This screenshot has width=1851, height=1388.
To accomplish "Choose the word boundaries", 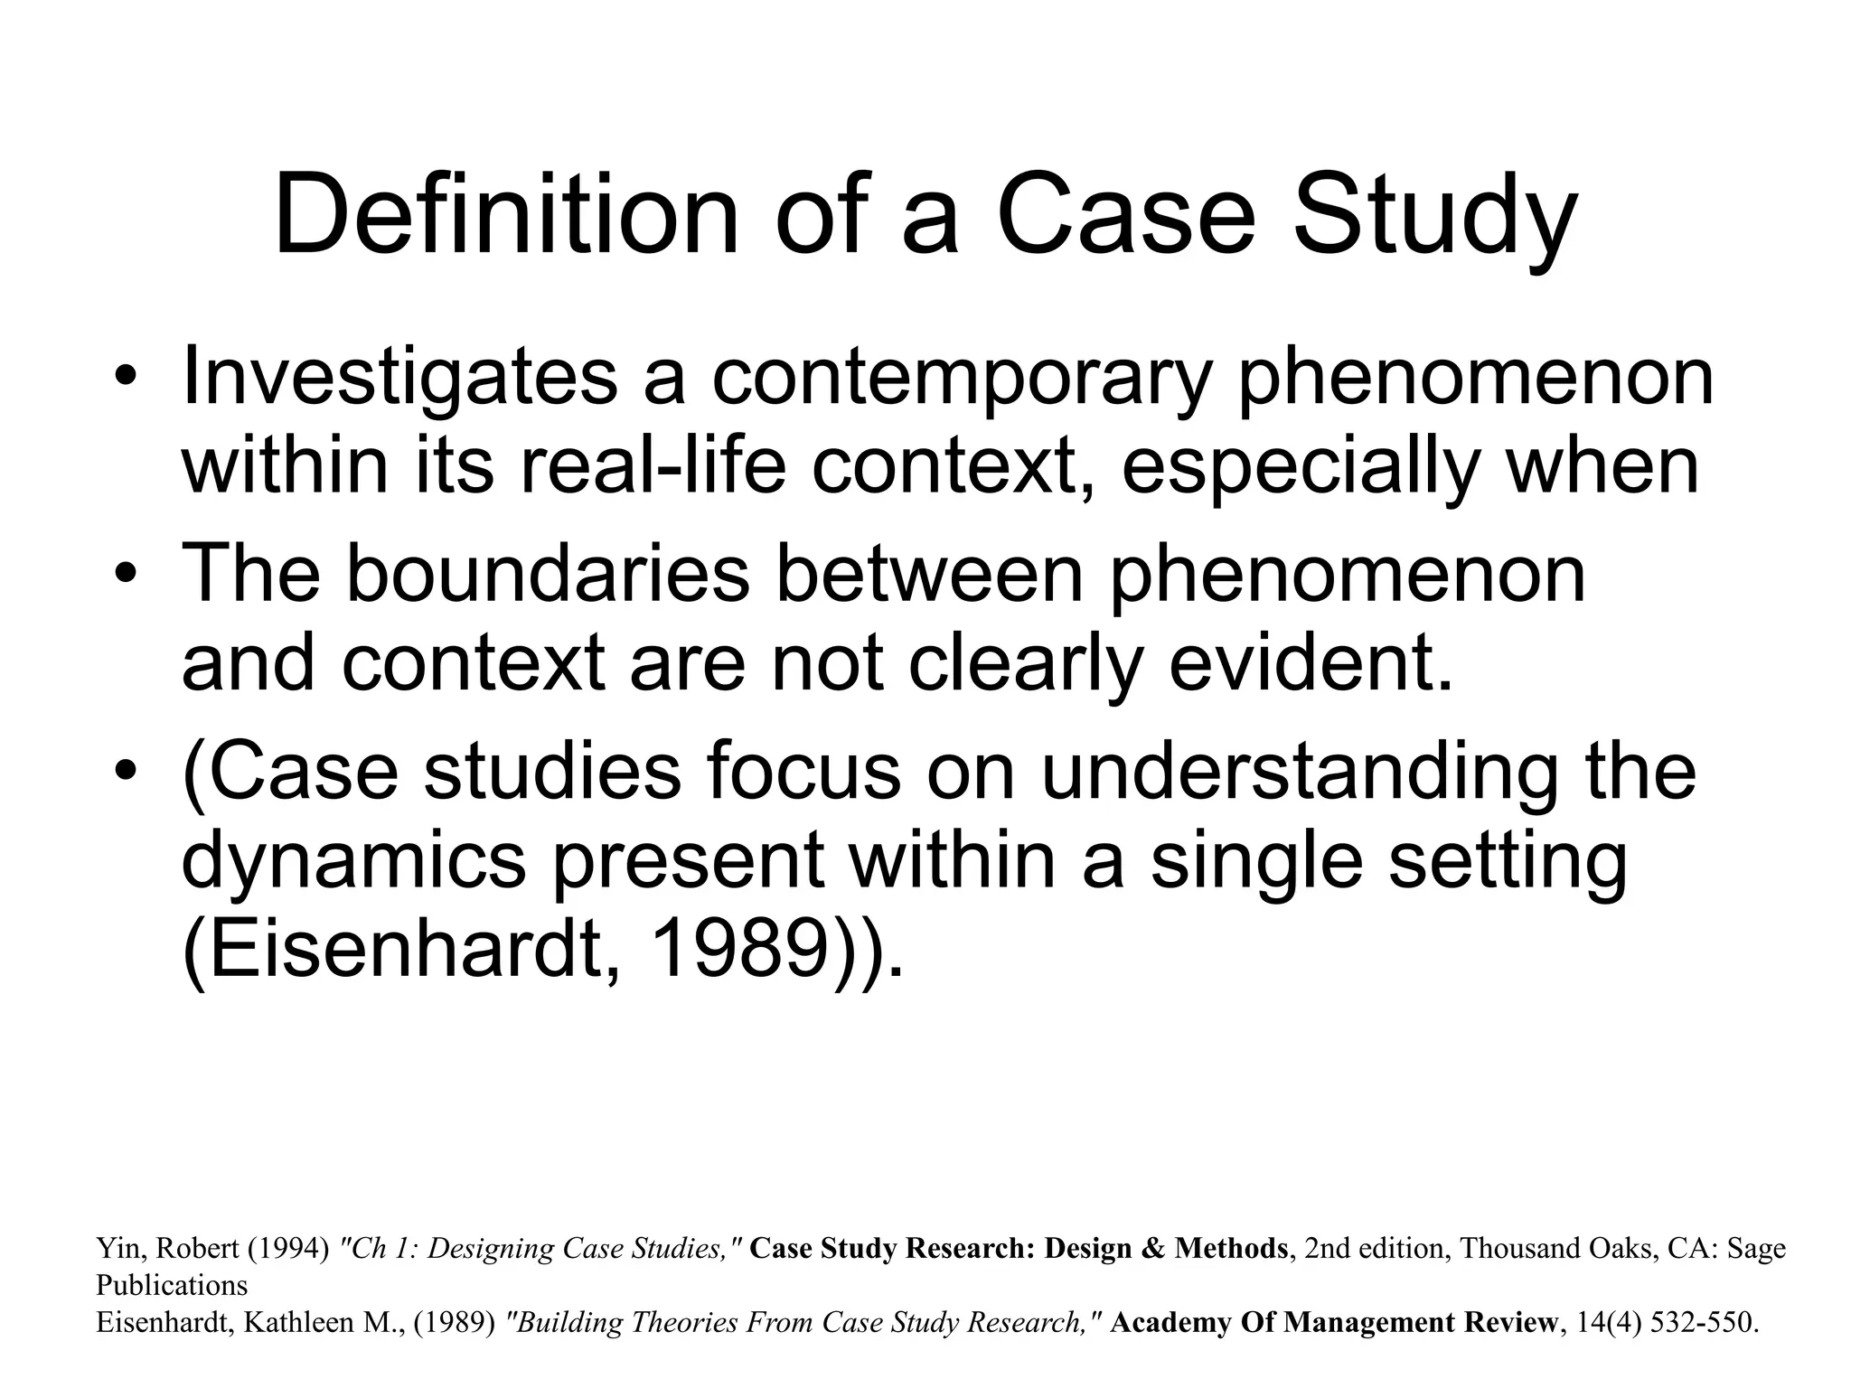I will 548,575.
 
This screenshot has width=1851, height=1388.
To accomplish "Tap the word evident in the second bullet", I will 1311,663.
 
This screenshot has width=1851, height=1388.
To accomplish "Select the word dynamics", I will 353,864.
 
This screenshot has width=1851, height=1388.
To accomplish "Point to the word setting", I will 1506,864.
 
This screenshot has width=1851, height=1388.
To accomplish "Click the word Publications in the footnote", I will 172,1286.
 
